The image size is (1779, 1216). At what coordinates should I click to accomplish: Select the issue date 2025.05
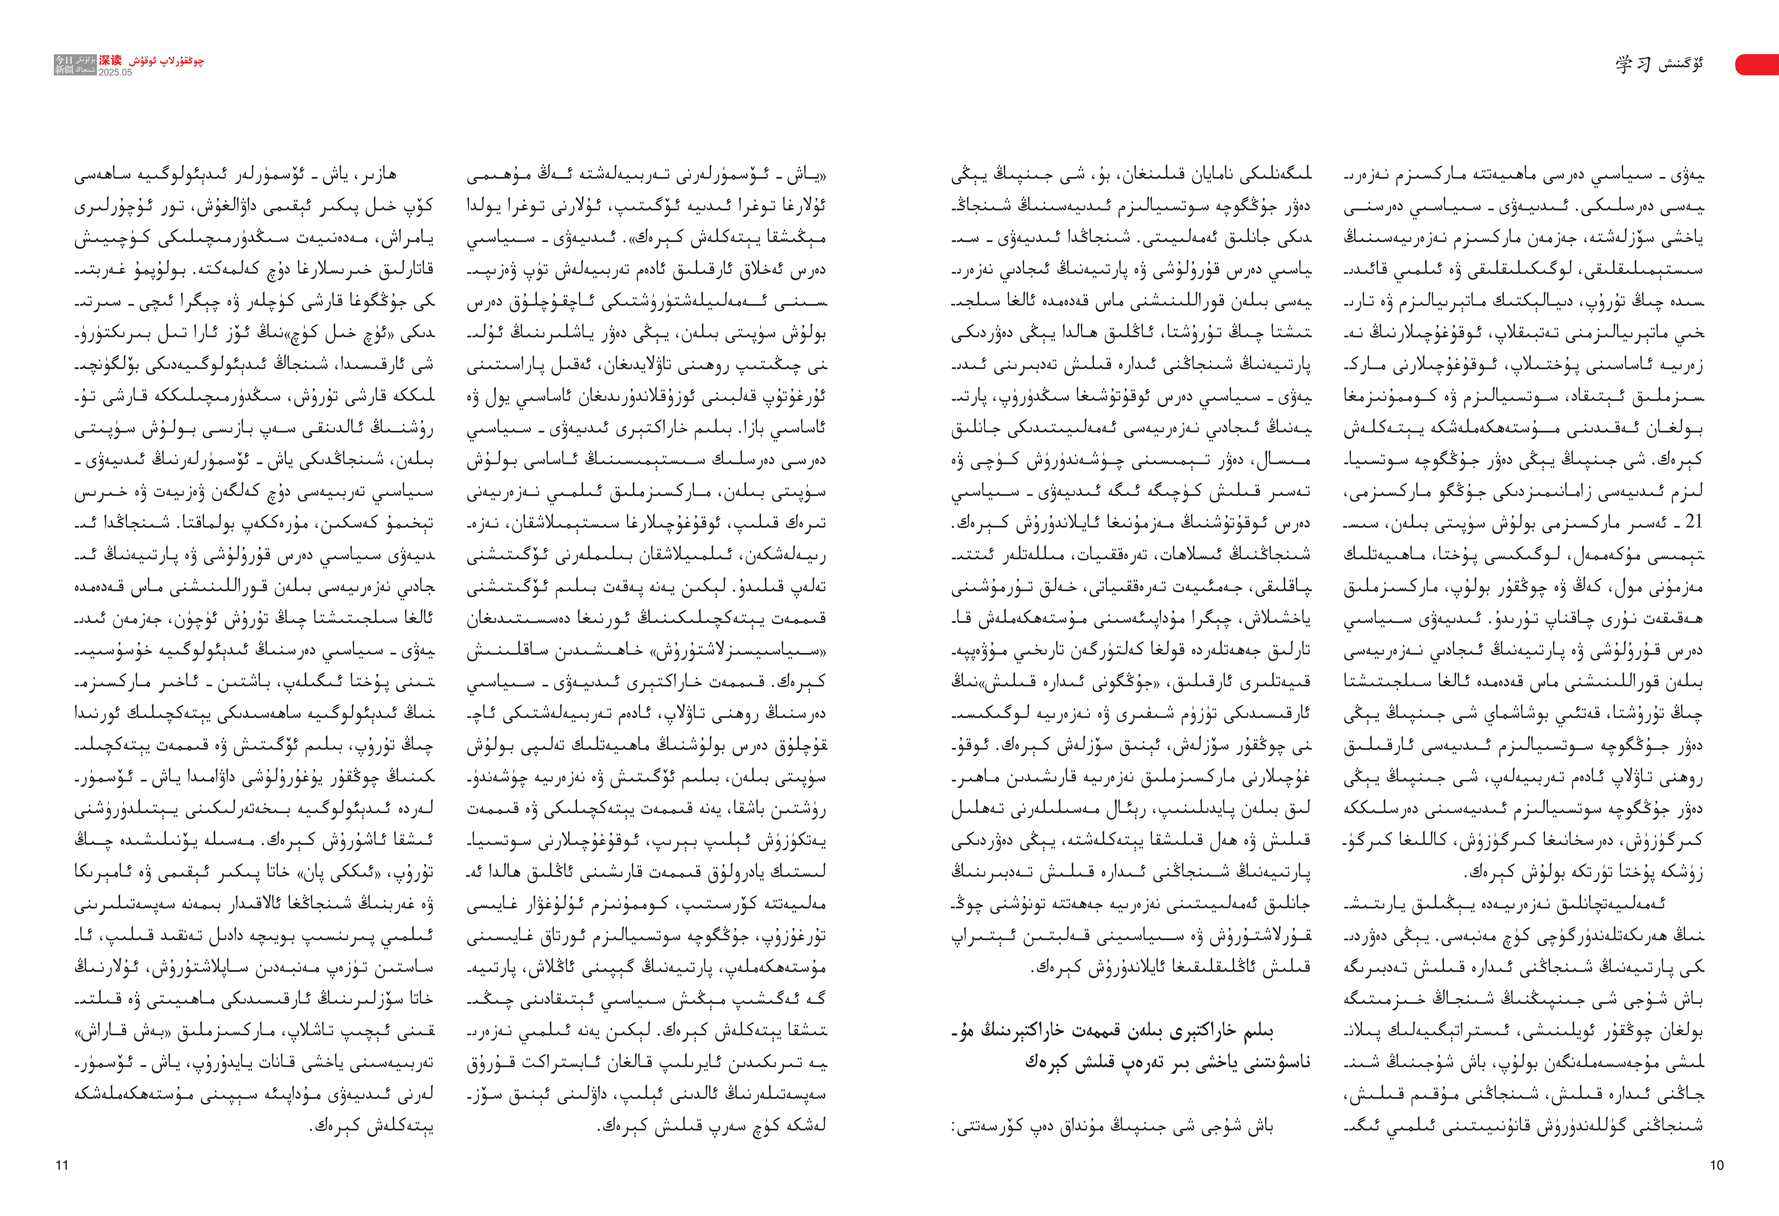[115, 73]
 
